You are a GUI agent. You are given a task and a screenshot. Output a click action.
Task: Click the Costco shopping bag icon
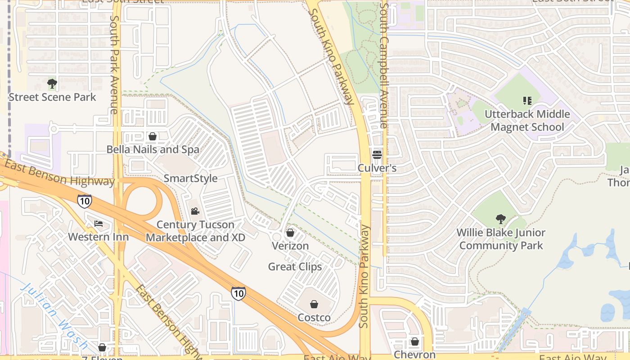(x=314, y=304)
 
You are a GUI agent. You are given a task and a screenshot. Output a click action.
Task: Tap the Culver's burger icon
(x=377, y=155)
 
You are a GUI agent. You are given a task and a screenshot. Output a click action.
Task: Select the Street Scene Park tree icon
(x=52, y=84)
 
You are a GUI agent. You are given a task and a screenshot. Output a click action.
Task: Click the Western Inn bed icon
(x=99, y=224)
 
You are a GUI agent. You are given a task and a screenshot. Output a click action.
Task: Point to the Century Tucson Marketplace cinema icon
(x=195, y=211)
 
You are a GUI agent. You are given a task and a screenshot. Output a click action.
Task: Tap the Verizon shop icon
(x=290, y=233)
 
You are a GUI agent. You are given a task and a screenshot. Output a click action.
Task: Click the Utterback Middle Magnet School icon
(x=527, y=101)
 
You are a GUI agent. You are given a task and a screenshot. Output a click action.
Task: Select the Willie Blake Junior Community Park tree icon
(x=500, y=219)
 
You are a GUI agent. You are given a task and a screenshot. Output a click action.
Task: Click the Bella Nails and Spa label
(x=153, y=149)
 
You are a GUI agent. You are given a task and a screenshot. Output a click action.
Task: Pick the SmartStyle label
(x=190, y=178)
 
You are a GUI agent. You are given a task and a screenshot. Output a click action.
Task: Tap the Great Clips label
(x=295, y=267)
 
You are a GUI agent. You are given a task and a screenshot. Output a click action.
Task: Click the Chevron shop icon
(x=415, y=342)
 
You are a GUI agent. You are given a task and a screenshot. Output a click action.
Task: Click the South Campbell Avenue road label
(x=384, y=65)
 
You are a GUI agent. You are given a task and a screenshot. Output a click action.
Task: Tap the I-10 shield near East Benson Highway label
(x=85, y=201)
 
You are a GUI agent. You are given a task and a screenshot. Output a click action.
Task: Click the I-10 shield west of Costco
(x=238, y=293)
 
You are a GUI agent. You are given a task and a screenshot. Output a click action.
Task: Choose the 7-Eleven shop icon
(x=102, y=347)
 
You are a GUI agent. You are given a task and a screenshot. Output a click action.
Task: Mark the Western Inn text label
(x=98, y=237)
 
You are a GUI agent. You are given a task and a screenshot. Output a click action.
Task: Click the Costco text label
(x=314, y=318)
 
